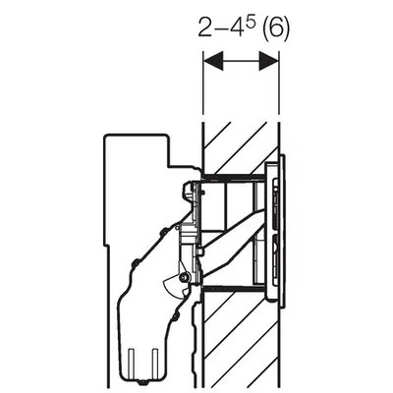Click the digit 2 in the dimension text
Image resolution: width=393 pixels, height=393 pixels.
coord(206,28)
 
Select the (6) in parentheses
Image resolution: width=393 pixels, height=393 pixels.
coord(276,29)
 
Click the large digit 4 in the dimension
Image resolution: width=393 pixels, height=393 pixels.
coord(238,28)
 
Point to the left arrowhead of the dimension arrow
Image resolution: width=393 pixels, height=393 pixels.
coord(213,61)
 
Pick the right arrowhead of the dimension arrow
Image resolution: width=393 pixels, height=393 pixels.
coord(268,61)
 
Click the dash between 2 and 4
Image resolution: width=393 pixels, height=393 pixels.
coord(222,30)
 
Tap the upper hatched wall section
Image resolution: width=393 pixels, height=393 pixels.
coord(241,147)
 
